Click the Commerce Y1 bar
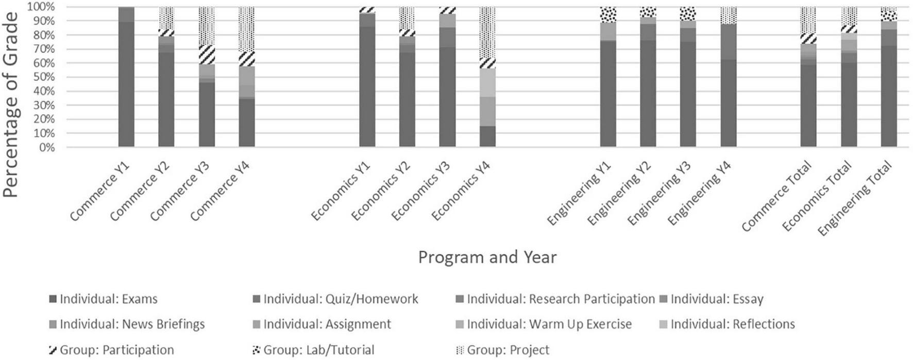tap(126, 77)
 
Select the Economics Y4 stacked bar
tap(487, 77)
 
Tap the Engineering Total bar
tap(889, 77)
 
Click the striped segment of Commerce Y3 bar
tap(207, 55)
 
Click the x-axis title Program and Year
tap(487, 257)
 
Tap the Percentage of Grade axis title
tap(11, 103)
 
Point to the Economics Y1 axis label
tap(342, 191)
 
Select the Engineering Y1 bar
tap(608, 77)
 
